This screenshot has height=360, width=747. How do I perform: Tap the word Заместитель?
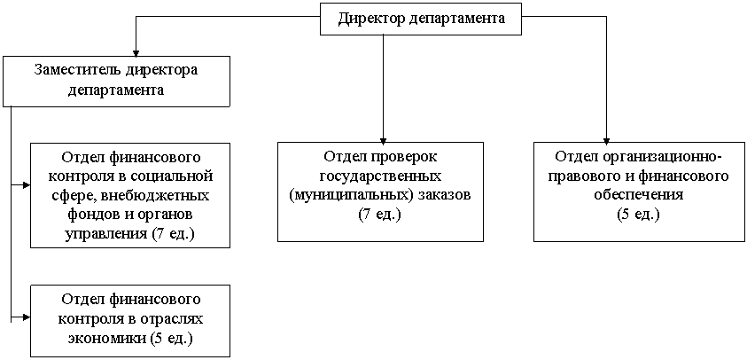77,70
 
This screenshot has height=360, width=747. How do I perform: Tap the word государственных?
381,176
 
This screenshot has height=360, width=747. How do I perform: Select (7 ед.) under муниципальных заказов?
381,215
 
